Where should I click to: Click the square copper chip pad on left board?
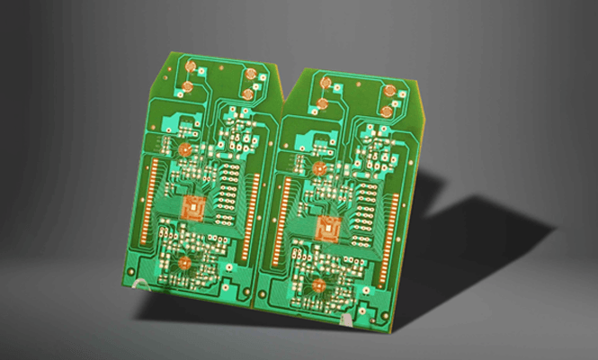[x=193, y=208]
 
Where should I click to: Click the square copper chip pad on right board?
[x=329, y=229]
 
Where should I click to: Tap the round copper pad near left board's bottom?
[x=185, y=263]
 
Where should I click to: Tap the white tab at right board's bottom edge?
[x=346, y=318]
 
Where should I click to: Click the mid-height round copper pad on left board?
[x=185, y=150]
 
